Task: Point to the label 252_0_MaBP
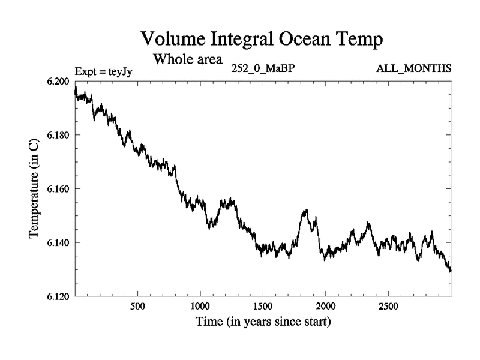click(263, 68)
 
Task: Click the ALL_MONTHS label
click(413, 68)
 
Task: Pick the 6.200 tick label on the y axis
click(59, 81)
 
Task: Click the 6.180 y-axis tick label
click(59, 135)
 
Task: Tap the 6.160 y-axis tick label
click(59, 189)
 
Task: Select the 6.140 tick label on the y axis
click(59, 242)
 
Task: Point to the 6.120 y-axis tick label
click(59, 296)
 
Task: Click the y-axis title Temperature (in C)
click(34, 189)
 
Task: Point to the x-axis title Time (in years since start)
click(263, 322)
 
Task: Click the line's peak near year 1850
click(306, 211)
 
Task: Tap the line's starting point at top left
click(75, 89)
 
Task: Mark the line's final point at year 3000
click(451, 271)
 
